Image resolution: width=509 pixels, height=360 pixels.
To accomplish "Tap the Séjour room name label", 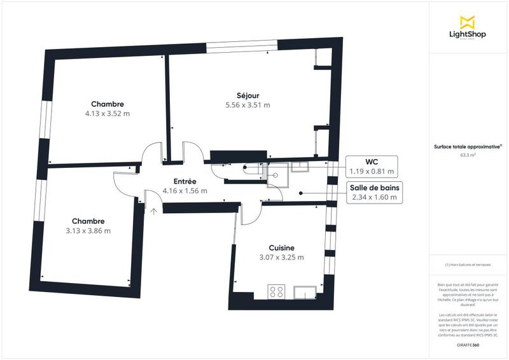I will [248, 95].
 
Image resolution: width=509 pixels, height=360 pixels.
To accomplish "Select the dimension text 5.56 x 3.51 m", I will [248, 105].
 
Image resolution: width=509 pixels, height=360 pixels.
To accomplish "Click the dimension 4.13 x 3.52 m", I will [107, 114].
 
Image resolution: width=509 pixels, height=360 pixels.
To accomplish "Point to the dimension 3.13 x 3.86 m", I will [89, 231].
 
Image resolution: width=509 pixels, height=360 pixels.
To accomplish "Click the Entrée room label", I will [185, 181].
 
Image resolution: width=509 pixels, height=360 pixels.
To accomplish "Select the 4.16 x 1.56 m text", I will [185, 191].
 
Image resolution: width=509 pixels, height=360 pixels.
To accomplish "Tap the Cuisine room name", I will [281, 247].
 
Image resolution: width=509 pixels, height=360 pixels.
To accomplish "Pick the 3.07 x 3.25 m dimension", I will [281, 258].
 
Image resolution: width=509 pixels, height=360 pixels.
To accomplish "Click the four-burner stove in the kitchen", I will [277, 293].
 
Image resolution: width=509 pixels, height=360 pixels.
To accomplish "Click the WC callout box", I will [372, 166].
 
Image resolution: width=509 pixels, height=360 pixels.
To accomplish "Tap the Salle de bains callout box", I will [375, 192].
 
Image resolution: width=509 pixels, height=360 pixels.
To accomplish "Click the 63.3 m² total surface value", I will [470, 154].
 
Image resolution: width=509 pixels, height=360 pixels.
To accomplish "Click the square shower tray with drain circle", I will [277, 177].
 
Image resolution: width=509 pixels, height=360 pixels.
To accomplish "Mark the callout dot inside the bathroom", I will [300, 192].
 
